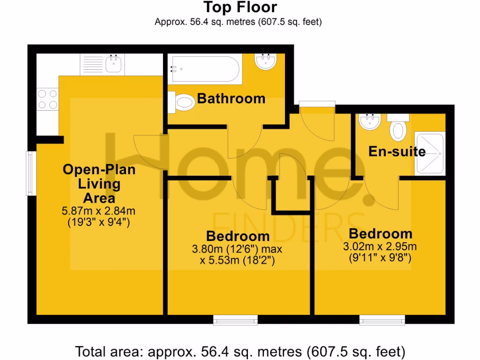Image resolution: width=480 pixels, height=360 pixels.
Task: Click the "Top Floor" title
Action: point(240,7)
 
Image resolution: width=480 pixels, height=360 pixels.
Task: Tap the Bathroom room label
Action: point(231,98)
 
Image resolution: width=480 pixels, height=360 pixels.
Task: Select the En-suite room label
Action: point(397,151)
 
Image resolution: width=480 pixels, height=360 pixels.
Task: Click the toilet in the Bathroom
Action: point(183,102)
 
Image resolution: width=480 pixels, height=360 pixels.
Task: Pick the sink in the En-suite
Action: point(369,123)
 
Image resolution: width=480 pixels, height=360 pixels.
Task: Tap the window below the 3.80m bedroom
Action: point(235,320)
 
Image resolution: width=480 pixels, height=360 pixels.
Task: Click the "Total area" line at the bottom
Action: point(240,351)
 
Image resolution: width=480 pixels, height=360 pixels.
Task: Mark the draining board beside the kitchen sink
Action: point(92,64)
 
